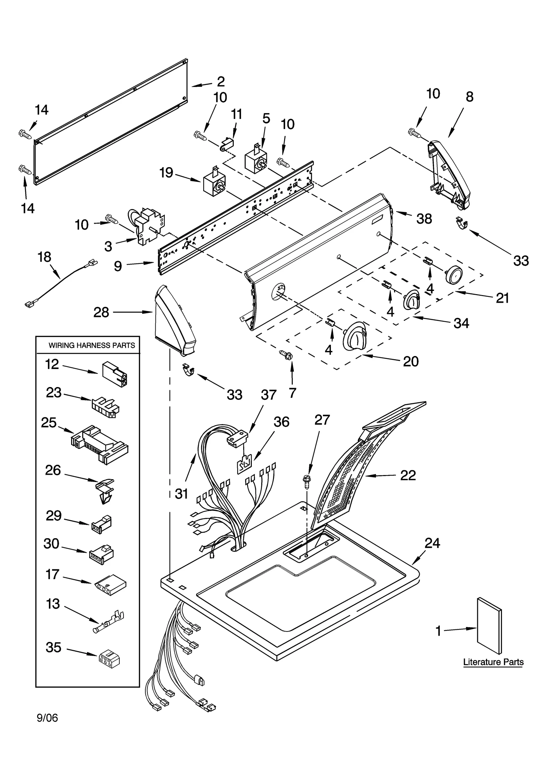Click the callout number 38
pos(424,218)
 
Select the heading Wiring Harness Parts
pos(92,345)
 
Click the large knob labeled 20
pos(354,336)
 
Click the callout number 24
pos(432,543)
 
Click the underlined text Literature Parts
pos(493,662)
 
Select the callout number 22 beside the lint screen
pos(408,475)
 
